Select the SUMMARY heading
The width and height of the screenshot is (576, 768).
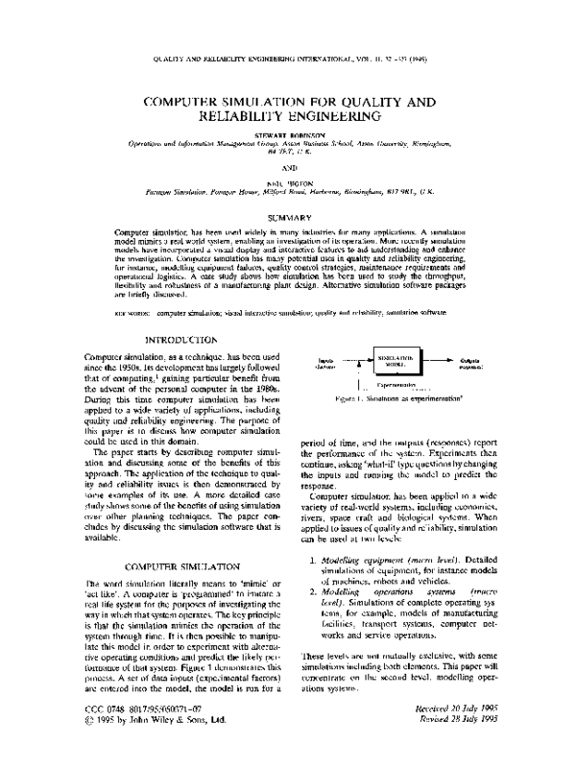click(x=287, y=218)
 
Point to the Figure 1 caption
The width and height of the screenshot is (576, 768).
click(x=402, y=396)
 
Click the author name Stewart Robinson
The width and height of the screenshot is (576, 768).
click(x=287, y=135)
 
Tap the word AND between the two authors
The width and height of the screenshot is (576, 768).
click(x=287, y=168)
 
